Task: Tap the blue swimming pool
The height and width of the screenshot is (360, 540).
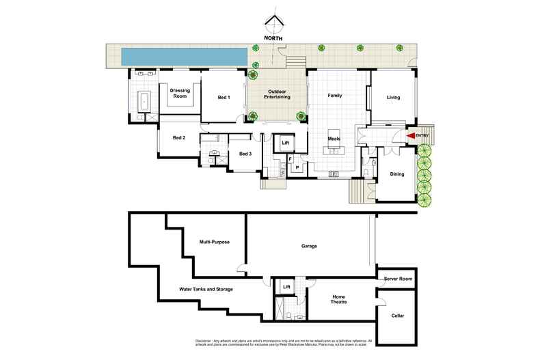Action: (184, 56)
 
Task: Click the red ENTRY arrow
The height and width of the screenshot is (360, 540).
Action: (411, 137)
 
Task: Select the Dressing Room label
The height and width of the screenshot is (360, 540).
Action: (179, 94)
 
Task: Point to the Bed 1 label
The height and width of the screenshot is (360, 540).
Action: (224, 98)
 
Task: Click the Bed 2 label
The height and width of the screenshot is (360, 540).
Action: (179, 137)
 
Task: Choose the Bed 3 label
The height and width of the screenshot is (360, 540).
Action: (245, 154)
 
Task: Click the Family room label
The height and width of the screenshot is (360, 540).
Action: (334, 96)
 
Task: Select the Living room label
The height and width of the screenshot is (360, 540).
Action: (393, 98)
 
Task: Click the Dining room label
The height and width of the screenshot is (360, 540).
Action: (396, 174)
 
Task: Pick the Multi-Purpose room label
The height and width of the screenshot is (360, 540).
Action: (213, 242)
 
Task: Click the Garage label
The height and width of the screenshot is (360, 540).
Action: (309, 246)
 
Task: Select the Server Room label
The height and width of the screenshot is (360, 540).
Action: (397, 279)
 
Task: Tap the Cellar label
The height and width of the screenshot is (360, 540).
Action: (397, 316)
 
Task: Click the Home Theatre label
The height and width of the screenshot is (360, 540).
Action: (338, 299)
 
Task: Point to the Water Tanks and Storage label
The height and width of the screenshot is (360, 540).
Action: (206, 290)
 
